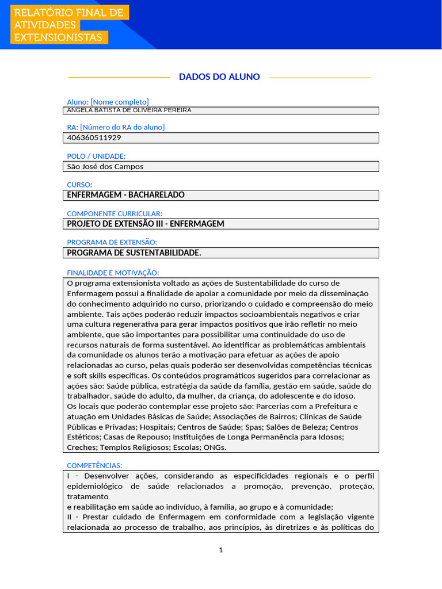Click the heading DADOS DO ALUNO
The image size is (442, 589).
(x=219, y=77)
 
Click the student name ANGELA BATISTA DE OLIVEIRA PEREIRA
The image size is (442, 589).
(x=129, y=110)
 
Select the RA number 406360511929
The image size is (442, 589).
(x=94, y=138)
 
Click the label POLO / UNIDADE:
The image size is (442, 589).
(x=96, y=156)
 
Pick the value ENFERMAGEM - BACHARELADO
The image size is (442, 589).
(x=126, y=195)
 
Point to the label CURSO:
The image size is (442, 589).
(x=79, y=185)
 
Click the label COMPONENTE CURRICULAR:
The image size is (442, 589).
(x=115, y=213)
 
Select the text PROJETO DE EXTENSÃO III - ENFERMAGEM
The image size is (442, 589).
(x=146, y=224)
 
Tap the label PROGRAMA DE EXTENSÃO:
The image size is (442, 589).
(x=112, y=242)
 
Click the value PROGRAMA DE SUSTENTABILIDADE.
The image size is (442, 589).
(x=134, y=253)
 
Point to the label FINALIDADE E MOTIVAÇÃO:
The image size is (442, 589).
(x=113, y=273)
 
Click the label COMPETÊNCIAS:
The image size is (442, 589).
(x=94, y=465)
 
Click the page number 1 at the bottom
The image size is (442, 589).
(x=221, y=550)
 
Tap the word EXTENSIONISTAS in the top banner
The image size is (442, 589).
(x=58, y=38)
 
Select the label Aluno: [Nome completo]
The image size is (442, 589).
(x=108, y=102)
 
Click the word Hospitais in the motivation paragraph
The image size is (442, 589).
(x=155, y=427)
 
